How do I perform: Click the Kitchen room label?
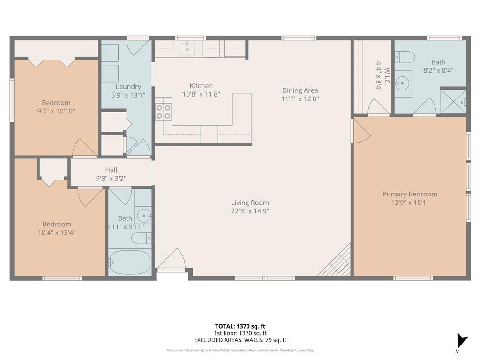click(201, 86)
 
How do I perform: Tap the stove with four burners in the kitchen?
click(164, 112)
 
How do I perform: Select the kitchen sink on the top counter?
click(187, 47)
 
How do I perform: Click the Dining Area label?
click(300, 90)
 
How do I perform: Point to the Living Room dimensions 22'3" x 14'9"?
click(250, 211)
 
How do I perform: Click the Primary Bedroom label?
click(410, 194)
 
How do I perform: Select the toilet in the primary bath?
click(404, 57)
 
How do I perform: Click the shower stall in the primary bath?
click(454, 101)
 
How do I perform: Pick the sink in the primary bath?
click(403, 84)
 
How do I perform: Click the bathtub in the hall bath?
click(130, 262)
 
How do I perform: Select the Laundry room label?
click(128, 87)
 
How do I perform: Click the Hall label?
click(111, 170)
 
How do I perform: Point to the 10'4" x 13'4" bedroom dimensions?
click(57, 232)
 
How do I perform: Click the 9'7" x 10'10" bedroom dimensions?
click(56, 111)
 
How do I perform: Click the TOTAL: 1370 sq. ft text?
click(240, 326)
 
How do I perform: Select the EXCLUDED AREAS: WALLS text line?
click(240, 340)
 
